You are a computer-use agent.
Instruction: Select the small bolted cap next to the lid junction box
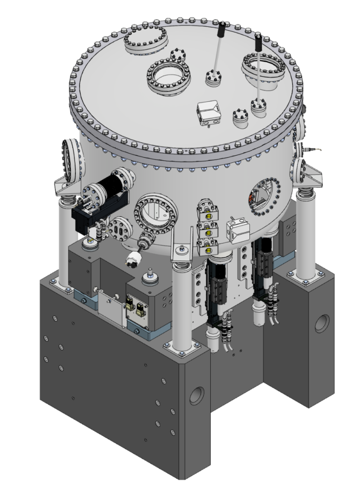pyautogui.click(x=241, y=117)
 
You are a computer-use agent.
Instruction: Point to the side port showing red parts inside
pyautogui.click(x=263, y=195)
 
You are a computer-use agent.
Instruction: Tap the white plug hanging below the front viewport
pyautogui.click(x=129, y=261)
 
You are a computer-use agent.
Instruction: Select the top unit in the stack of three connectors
pyautogui.click(x=207, y=211)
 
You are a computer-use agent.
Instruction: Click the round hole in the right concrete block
pyautogui.click(x=322, y=324)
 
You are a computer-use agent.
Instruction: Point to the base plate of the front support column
pyautogui.click(x=182, y=345)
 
